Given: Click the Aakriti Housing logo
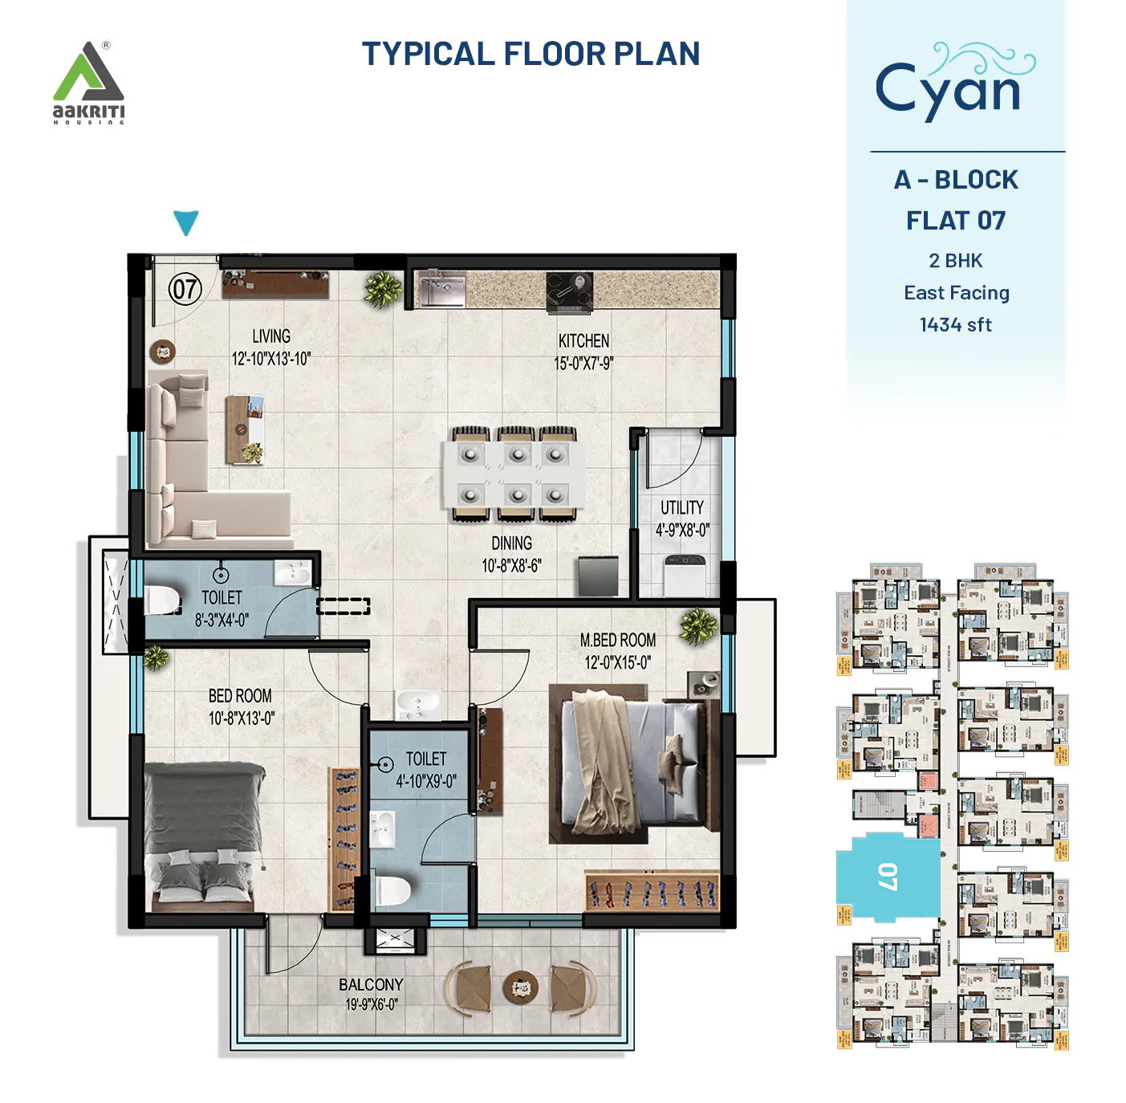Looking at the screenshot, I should click(88, 83).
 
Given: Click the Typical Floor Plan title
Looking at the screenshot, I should click(530, 54).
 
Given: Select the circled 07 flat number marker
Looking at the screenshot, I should click(185, 289).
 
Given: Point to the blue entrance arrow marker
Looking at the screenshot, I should click(185, 222).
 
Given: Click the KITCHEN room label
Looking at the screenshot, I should click(583, 341).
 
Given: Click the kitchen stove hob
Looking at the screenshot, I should click(569, 291).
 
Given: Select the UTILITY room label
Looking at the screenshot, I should click(681, 508).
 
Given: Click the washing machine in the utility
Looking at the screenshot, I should click(685, 575).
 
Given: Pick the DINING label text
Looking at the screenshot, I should click(511, 543).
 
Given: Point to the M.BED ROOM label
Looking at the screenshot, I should click(617, 641).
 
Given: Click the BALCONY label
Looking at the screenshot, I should click(370, 985).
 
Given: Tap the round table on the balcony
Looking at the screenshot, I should click(520, 986).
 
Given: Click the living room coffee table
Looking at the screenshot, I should click(245, 429).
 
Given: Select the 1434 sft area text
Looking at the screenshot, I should click(955, 325).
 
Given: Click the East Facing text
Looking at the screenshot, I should click(956, 293).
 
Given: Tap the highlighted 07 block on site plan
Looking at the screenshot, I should click(888, 877).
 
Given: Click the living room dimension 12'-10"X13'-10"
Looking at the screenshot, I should click(270, 359).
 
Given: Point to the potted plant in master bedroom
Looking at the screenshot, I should click(698, 627).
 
